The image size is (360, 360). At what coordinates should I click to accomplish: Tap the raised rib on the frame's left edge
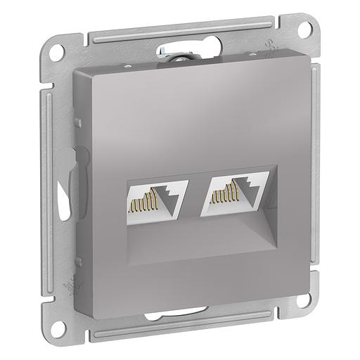coord(51,176)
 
